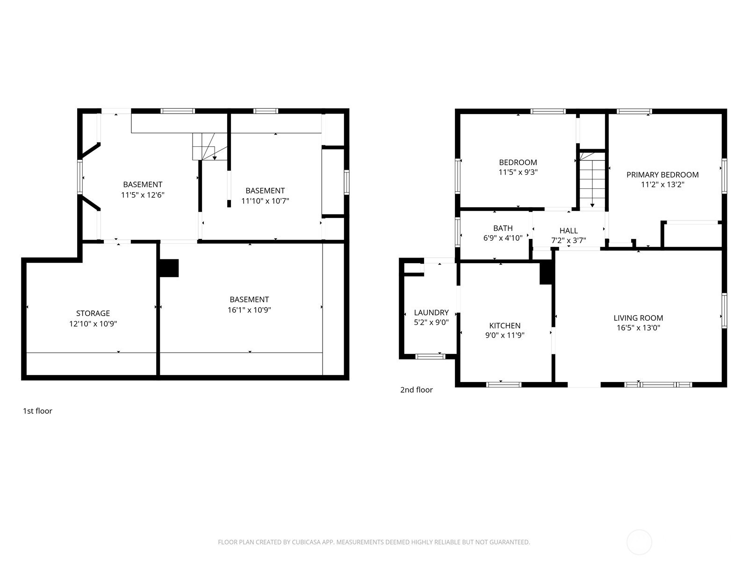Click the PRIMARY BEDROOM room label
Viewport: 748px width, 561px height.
[x=662, y=175]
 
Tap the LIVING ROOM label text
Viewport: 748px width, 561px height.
[x=638, y=318]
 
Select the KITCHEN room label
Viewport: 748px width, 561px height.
[x=505, y=326]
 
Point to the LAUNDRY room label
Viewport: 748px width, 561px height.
[x=431, y=313]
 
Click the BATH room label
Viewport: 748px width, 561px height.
[x=503, y=228]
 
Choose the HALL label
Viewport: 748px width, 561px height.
[x=568, y=231]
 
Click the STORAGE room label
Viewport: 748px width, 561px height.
[x=93, y=313]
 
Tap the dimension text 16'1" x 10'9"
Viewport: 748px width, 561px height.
[x=249, y=310]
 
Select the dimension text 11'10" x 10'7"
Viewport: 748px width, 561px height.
[x=265, y=201]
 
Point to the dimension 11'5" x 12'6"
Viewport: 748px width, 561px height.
[x=143, y=195]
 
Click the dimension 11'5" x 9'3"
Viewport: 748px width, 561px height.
[x=518, y=173]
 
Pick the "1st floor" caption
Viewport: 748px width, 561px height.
[x=37, y=411]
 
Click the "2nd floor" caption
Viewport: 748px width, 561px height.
[x=416, y=390]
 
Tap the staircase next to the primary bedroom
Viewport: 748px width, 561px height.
[x=592, y=180]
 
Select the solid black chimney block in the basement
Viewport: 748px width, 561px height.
[x=169, y=268]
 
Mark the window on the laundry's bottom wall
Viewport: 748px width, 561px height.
[x=430, y=357]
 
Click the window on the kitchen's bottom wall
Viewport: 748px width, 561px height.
[x=503, y=385]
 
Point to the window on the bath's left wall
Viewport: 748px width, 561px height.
[x=458, y=232]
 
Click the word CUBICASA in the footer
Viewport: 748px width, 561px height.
[x=305, y=542]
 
